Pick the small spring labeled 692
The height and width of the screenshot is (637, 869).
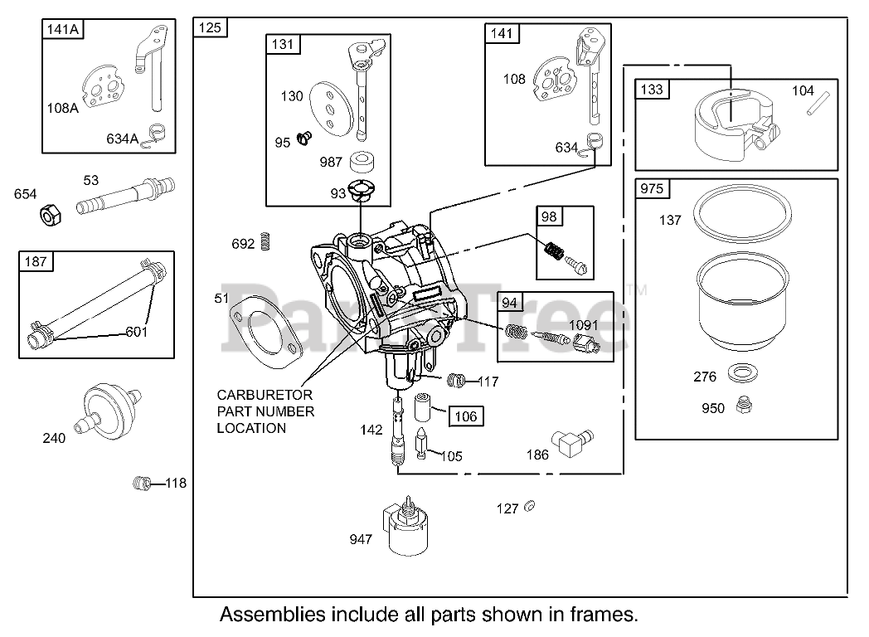266,241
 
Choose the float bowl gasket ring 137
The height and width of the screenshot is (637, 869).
743,213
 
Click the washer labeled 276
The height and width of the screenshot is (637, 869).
743,372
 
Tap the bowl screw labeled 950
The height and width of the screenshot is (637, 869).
744,406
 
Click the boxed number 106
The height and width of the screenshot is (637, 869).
465,416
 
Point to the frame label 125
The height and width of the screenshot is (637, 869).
210,27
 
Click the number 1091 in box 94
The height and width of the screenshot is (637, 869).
583,325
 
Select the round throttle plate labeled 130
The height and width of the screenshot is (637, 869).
331,111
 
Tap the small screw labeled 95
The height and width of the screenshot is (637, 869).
304,137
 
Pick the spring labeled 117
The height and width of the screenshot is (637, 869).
456,381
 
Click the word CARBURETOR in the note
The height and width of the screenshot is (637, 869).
265,395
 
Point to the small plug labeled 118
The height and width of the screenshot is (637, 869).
143,483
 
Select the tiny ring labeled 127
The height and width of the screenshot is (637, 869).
529,506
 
